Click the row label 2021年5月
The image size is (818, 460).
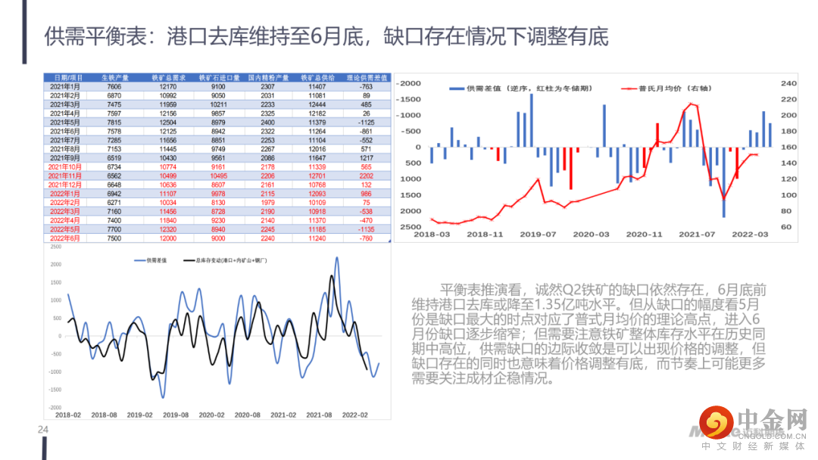[66, 122]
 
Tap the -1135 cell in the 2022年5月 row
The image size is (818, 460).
[366, 228]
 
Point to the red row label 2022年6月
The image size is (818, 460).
[66, 238]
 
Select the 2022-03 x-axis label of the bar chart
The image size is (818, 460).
[750, 235]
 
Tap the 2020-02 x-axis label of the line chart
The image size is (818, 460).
[211, 415]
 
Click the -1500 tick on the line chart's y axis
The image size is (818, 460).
[55, 389]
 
